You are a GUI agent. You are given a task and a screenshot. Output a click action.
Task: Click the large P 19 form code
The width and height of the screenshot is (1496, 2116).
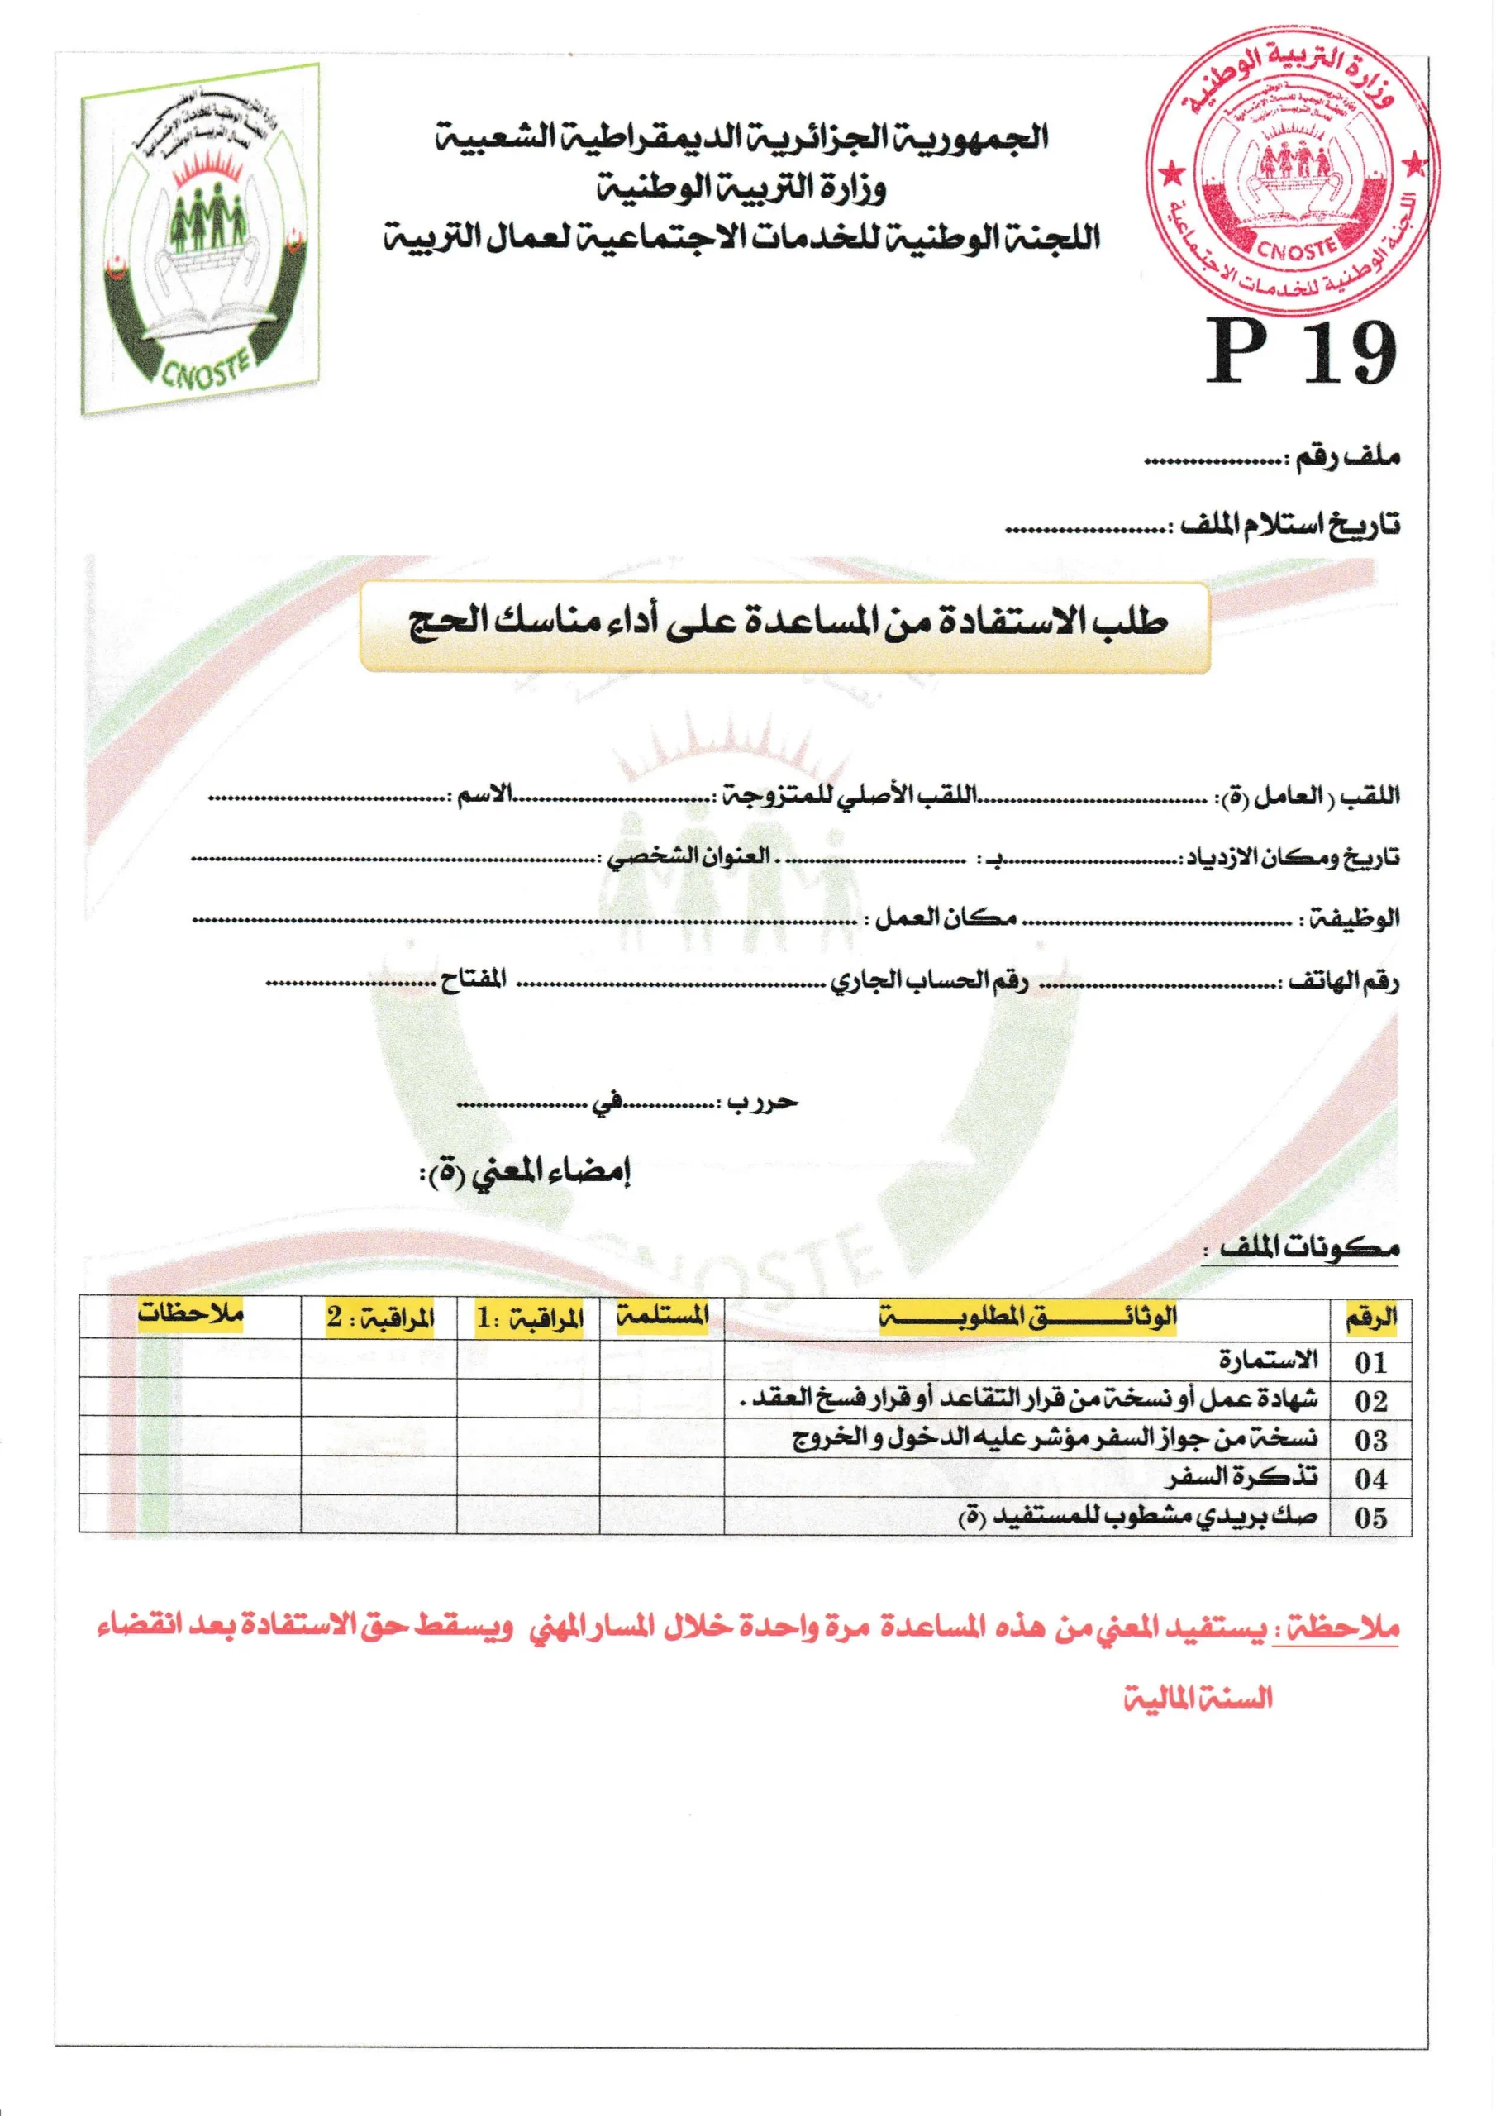click(1301, 353)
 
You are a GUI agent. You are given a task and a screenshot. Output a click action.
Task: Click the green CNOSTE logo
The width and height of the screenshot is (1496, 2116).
click(201, 240)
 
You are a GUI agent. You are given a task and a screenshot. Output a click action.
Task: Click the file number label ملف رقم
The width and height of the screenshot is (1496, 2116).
click(1347, 456)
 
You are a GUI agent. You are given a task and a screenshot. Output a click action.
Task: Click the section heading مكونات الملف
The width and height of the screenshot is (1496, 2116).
click(1310, 1249)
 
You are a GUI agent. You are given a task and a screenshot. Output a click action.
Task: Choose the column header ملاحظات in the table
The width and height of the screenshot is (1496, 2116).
click(190, 1314)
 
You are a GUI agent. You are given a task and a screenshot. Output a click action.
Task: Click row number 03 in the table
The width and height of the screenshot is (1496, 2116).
click(1370, 1440)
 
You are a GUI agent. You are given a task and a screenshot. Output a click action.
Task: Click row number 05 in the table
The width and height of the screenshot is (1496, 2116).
click(1370, 1518)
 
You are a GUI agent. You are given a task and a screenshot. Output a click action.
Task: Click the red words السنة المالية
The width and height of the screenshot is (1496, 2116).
click(1198, 1699)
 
